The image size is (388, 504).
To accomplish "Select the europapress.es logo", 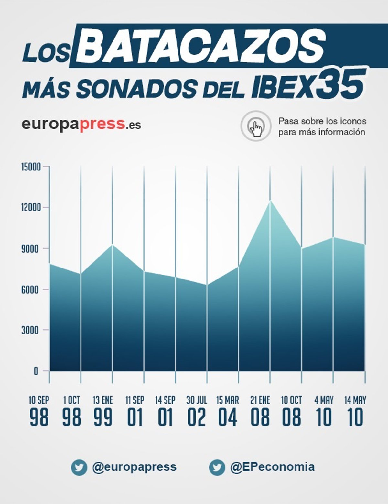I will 81,124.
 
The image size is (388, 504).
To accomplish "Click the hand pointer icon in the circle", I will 256,126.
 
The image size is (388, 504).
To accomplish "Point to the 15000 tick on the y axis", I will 31,167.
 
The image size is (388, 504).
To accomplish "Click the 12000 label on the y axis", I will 31,207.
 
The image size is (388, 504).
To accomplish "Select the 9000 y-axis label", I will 32,248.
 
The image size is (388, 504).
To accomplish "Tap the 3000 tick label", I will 32,330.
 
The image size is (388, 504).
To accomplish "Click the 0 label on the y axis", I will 36,371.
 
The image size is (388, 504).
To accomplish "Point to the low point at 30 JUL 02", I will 207,285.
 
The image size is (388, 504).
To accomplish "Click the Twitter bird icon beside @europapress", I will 79,467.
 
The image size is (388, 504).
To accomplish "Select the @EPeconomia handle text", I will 272,467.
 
